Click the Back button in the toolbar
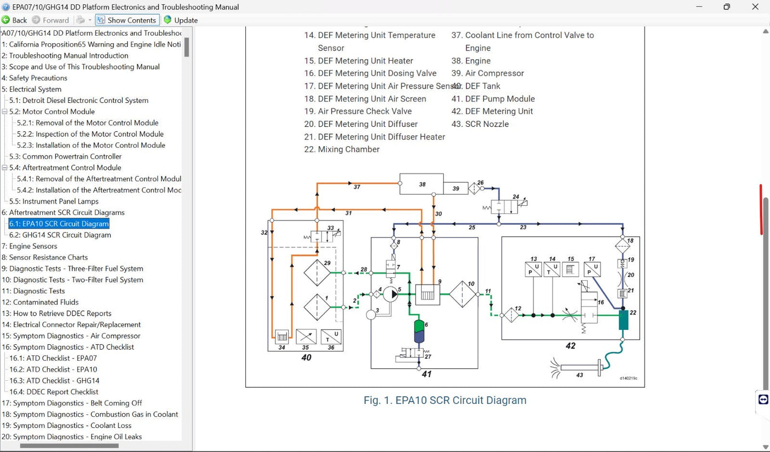(14, 20)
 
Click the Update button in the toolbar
(181, 20)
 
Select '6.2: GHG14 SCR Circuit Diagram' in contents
(60, 235)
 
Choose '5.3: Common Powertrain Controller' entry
(65, 157)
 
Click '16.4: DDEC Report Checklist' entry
(54, 392)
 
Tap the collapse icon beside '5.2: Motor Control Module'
(5, 112)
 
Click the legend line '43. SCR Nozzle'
(486, 124)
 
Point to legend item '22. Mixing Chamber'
(348, 149)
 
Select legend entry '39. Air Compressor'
(494, 73)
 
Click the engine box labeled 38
(421, 184)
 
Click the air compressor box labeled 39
(455, 188)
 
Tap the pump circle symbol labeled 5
(391, 294)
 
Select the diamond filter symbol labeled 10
(463, 294)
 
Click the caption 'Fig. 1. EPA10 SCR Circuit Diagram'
(445, 400)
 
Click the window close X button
(755, 7)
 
